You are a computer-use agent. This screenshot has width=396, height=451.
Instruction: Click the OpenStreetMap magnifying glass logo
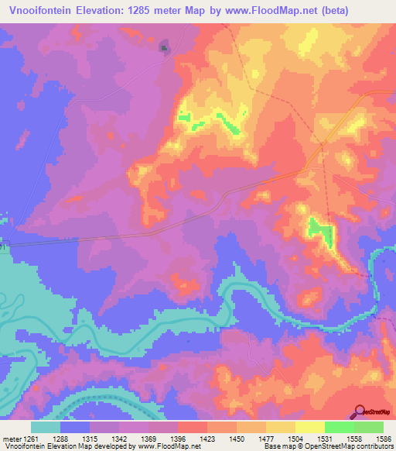[360, 411]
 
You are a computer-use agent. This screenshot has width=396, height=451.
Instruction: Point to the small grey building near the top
[164, 48]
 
